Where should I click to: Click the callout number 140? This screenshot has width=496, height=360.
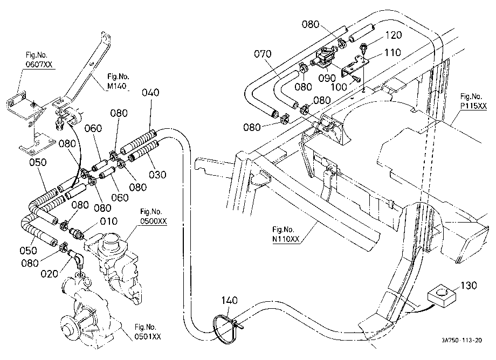229,300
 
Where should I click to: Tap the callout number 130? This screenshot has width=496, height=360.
469,286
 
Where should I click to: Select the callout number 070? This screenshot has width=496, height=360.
263,54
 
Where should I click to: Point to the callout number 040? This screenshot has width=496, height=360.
150,93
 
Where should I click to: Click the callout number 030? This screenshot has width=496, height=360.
157,175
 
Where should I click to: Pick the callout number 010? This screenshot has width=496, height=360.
108,221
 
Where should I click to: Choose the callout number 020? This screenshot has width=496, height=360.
50,274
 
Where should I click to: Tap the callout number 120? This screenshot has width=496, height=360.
393,35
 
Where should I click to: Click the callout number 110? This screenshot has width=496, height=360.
392,52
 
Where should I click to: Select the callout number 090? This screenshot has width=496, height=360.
327,78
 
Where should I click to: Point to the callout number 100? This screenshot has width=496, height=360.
339,87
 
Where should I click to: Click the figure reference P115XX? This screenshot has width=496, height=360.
473,106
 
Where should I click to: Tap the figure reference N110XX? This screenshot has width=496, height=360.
286,239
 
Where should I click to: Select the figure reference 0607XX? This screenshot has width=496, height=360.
39,65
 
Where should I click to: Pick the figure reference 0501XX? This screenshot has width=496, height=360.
148,337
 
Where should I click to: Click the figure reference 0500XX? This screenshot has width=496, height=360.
154,221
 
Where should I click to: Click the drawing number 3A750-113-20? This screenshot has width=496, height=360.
462,341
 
